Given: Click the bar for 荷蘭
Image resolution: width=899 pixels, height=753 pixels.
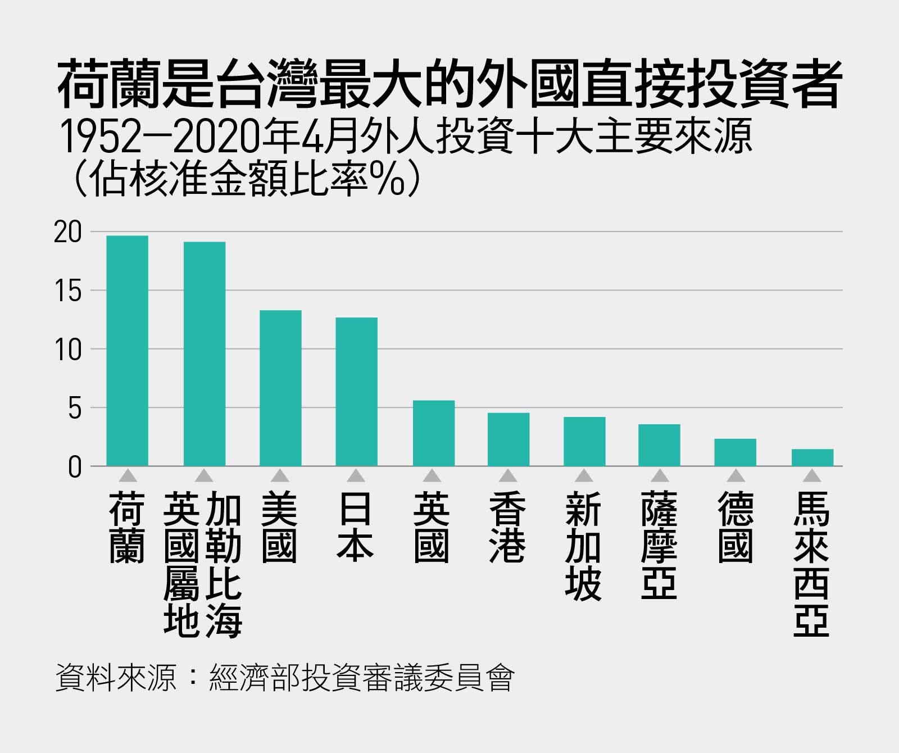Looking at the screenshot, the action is pyautogui.click(x=128, y=351).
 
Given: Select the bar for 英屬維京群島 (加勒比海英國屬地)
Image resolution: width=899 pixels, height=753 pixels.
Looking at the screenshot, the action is pyautogui.click(x=205, y=354).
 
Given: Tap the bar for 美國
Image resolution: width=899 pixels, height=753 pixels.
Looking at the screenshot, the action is pyautogui.click(x=280, y=388).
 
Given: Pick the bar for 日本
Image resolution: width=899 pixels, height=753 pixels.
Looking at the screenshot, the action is pyautogui.click(x=357, y=392).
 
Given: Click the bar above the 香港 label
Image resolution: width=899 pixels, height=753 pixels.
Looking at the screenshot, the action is pyautogui.click(x=508, y=439).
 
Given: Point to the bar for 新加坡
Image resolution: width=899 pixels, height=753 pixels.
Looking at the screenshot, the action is pyautogui.click(x=584, y=442).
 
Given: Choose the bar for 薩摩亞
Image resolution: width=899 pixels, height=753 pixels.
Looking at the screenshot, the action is pyautogui.click(x=659, y=445).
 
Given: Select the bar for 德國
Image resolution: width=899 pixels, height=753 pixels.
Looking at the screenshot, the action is pyautogui.click(x=735, y=452).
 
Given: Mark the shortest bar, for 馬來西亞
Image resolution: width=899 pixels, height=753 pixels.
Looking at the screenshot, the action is pyautogui.click(x=812, y=457).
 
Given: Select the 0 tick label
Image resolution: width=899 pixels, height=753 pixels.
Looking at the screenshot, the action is pyautogui.click(x=75, y=467).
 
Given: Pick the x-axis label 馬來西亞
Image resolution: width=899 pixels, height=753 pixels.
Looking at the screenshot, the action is pyautogui.click(x=811, y=565).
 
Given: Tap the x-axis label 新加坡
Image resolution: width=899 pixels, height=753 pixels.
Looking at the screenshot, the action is pyautogui.click(x=584, y=546).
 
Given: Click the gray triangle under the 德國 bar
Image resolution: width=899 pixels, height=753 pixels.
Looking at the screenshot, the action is pyautogui.click(x=735, y=476).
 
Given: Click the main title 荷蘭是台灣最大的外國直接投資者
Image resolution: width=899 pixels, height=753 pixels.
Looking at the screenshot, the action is pyautogui.click(x=449, y=85).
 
